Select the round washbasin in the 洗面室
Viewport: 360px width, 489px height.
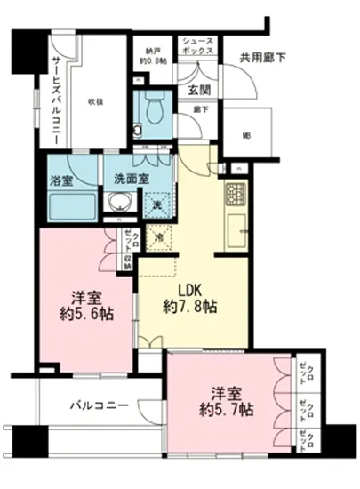coord(116,203)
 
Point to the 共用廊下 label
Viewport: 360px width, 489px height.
coord(260,59)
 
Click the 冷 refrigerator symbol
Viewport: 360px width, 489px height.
coord(158,238)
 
